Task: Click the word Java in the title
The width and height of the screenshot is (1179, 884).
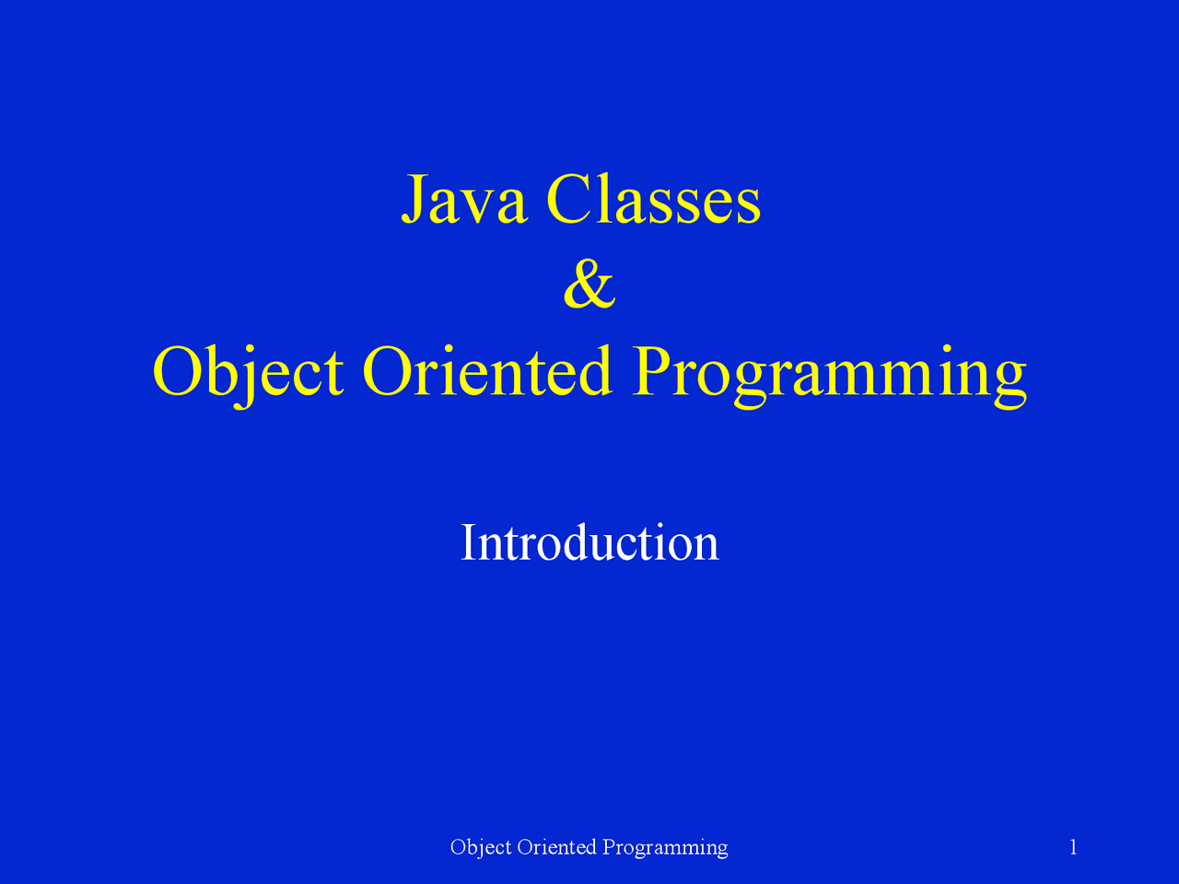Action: (463, 200)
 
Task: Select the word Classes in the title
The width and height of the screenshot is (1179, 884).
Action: (653, 200)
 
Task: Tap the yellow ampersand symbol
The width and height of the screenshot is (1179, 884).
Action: (589, 285)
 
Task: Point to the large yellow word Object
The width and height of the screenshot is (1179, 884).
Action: (248, 372)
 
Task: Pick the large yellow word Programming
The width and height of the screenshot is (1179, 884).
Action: (829, 372)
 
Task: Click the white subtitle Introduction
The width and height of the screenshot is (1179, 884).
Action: (589, 542)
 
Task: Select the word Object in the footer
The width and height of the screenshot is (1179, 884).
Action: (481, 847)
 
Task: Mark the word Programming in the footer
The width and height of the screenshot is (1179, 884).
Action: (665, 847)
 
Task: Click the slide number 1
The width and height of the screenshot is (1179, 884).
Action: (1073, 847)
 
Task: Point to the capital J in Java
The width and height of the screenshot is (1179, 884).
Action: (414, 200)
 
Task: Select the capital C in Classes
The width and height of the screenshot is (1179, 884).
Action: (568, 200)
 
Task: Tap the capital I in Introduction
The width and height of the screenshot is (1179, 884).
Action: (468, 542)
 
